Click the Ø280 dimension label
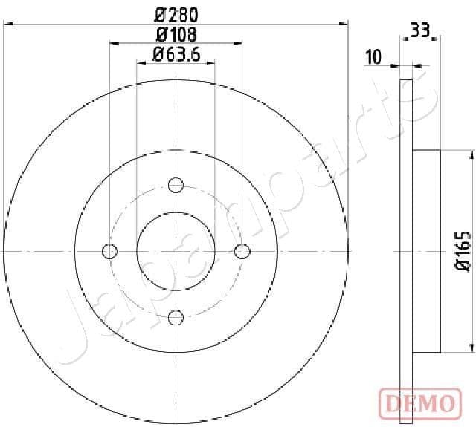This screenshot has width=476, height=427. (177, 13)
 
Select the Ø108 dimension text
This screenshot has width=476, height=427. (176, 33)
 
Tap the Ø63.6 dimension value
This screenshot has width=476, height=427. (177, 53)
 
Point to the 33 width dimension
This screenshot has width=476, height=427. (420, 30)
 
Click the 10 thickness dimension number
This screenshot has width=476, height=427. (373, 56)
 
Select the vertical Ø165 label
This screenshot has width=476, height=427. (461, 252)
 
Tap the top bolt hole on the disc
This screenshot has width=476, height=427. (176, 185)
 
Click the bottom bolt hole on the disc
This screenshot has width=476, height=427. (176, 318)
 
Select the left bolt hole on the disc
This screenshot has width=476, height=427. (109, 251)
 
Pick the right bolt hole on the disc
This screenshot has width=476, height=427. (242, 251)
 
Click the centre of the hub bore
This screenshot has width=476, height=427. (176, 251)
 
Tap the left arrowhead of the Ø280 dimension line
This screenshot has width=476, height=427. (9, 24)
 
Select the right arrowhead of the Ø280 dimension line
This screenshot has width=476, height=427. (344, 24)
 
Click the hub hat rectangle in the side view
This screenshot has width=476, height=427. (426, 251)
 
